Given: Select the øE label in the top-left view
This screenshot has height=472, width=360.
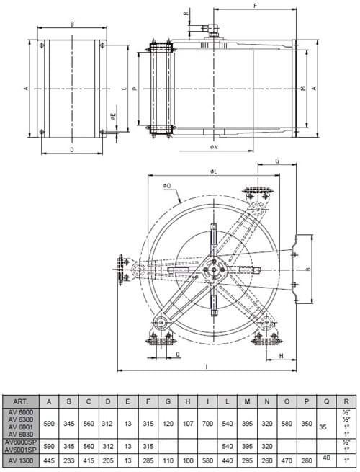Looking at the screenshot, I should (113, 116).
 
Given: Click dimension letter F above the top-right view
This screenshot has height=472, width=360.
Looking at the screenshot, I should (256, 6).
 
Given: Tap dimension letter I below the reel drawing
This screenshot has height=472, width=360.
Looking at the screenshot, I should (207, 368).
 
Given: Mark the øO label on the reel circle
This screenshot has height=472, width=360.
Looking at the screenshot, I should (166, 186).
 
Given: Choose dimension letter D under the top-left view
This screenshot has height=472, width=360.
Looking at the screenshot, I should (72, 150).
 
